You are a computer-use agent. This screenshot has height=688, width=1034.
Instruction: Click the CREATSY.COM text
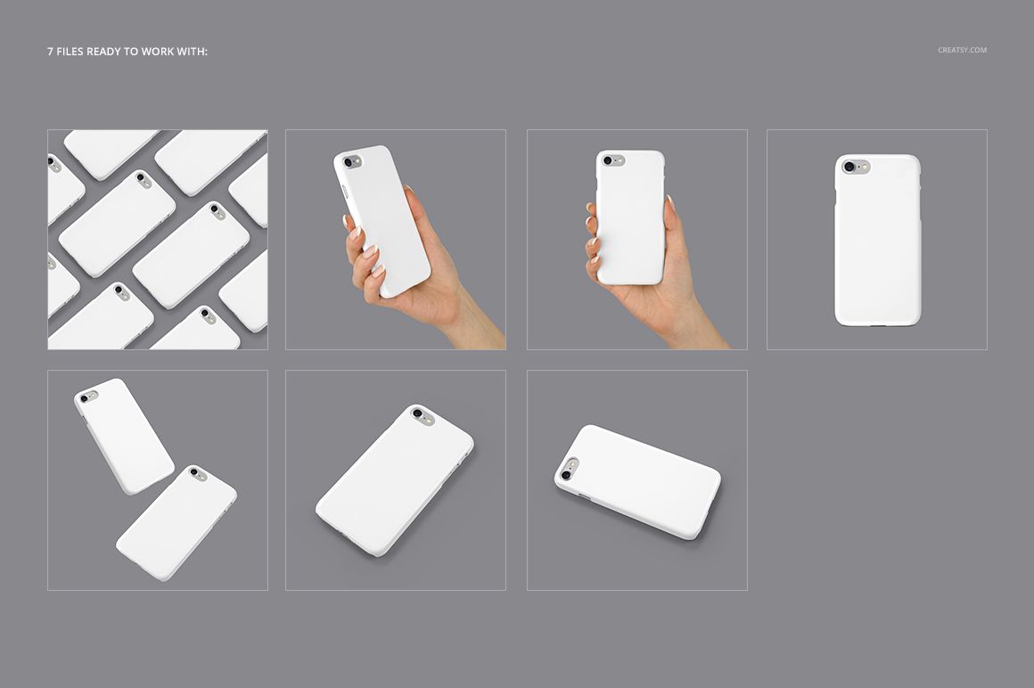click(x=962, y=50)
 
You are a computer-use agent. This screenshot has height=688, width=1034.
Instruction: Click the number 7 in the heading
click(x=50, y=52)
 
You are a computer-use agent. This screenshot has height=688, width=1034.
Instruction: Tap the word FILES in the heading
click(x=70, y=52)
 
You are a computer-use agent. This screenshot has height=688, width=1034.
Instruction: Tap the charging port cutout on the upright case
click(x=877, y=325)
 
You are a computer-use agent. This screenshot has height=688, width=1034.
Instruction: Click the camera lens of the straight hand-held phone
click(x=608, y=161)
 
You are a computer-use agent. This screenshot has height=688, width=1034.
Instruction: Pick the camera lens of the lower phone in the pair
click(x=193, y=472)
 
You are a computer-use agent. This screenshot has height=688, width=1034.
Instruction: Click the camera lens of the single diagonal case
click(x=417, y=414)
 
